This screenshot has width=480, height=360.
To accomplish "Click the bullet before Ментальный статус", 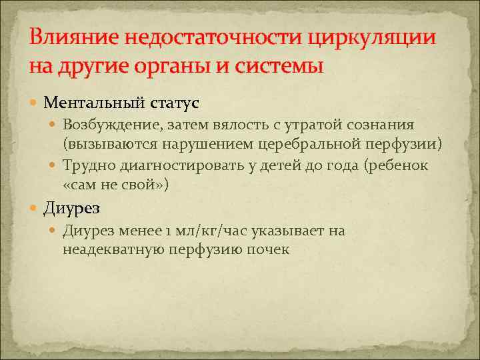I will [35, 103].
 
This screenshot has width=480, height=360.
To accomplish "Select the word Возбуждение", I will [107, 125].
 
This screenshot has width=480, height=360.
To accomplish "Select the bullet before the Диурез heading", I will [35, 208].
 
